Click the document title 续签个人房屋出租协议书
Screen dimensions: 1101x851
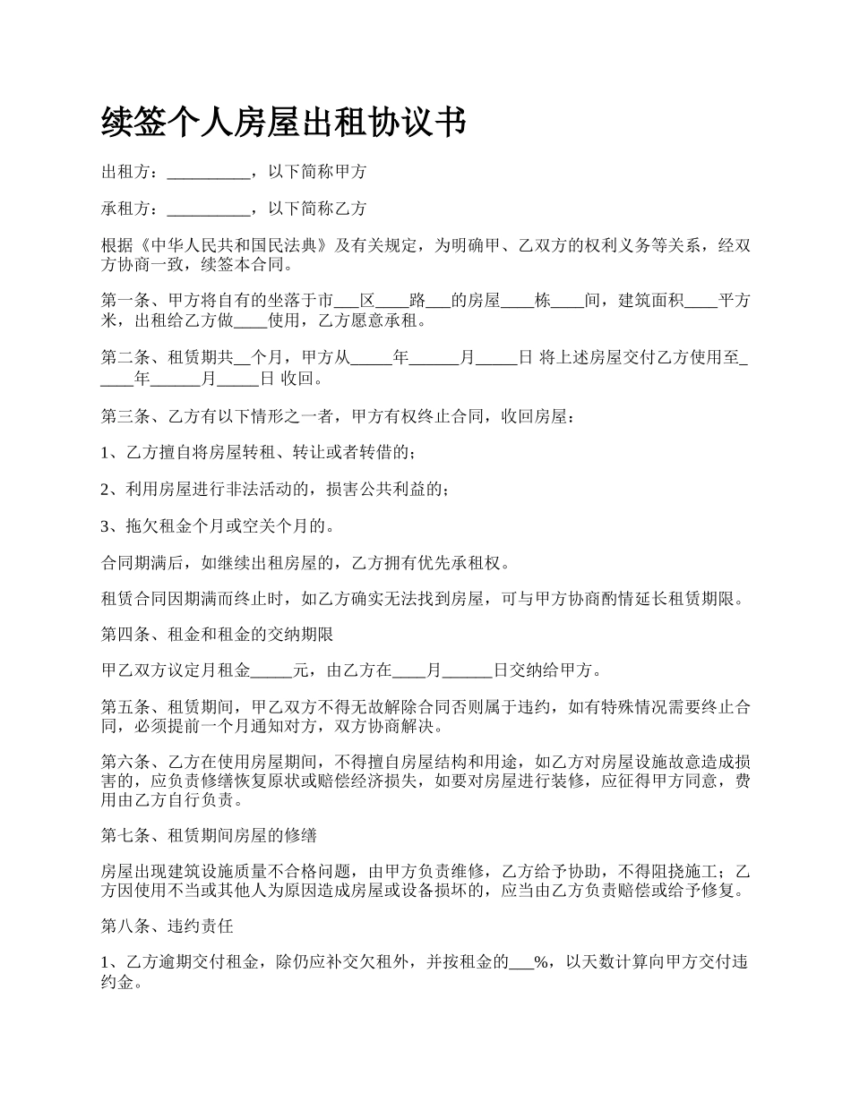(x=283, y=123)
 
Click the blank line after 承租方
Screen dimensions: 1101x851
(x=209, y=210)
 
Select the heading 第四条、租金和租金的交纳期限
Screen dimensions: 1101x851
(x=218, y=636)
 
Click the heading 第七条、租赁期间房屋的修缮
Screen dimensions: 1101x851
(x=209, y=836)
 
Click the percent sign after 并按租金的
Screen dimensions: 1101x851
(x=540, y=963)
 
